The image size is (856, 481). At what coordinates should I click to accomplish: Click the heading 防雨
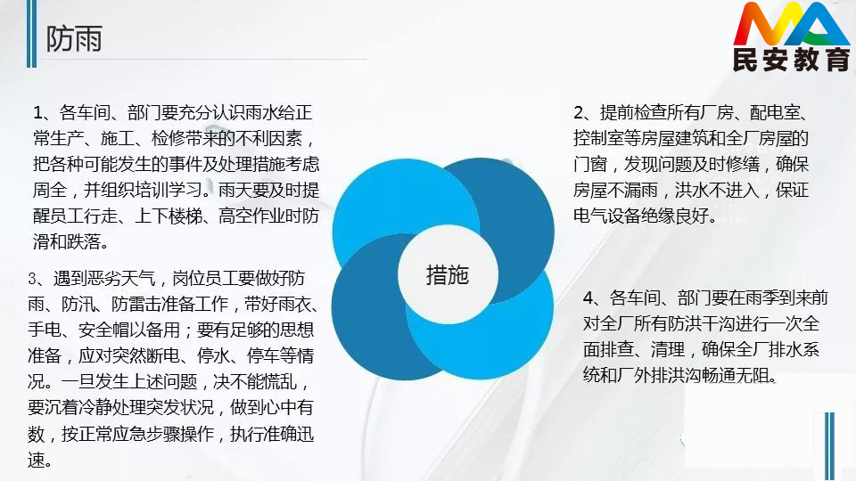(x=74, y=38)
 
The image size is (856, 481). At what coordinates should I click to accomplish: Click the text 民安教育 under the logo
(x=791, y=59)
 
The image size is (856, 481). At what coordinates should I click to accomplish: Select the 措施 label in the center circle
(x=448, y=275)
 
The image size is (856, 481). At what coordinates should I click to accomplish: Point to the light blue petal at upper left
(x=383, y=202)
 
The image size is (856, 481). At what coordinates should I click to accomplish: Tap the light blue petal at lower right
(x=491, y=338)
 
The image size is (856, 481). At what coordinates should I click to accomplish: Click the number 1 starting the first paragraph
(x=37, y=113)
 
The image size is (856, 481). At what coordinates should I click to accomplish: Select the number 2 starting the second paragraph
(x=579, y=113)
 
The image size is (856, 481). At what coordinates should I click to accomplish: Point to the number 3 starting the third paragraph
(x=33, y=279)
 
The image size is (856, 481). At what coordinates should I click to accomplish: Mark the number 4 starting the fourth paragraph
(x=588, y=298)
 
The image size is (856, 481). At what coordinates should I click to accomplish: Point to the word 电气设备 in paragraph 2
(x=606, y=216)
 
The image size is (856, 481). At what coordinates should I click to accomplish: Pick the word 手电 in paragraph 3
(x=45, y=330)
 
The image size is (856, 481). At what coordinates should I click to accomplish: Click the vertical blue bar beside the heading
(x=32, y=33)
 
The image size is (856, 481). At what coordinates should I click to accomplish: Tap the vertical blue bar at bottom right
(x=830, y=446)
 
